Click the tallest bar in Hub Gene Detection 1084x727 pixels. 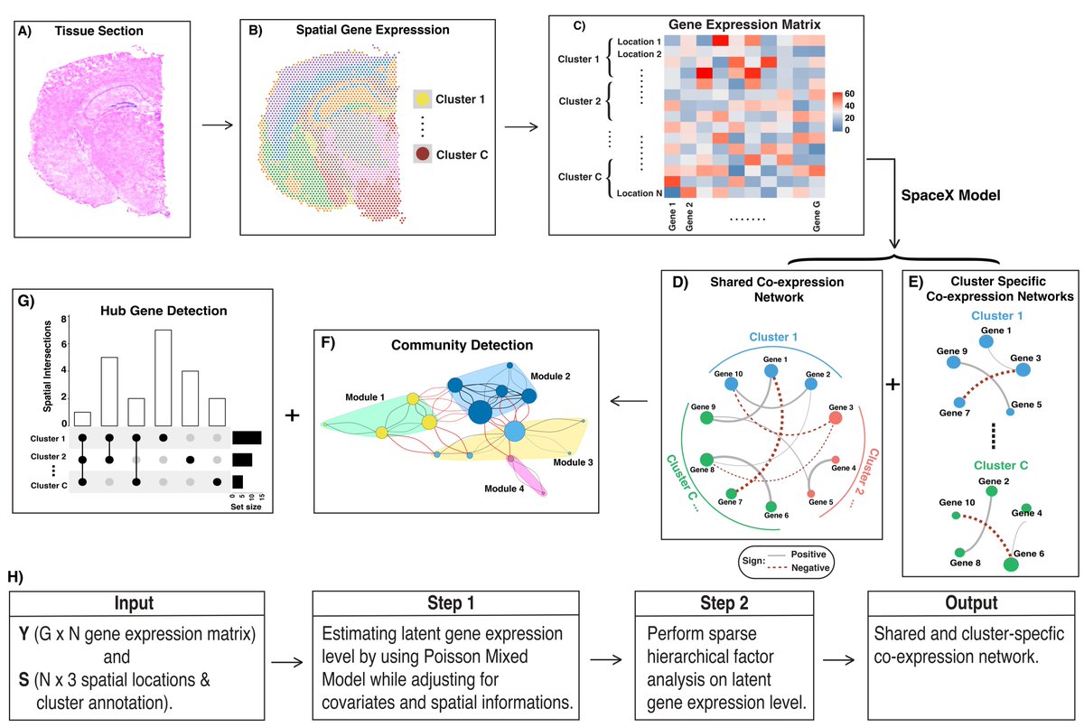(164, 376)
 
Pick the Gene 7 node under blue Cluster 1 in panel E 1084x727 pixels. (958, 400)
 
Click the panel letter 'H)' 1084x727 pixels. (15, 575)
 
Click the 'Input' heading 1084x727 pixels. (135, 603)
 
